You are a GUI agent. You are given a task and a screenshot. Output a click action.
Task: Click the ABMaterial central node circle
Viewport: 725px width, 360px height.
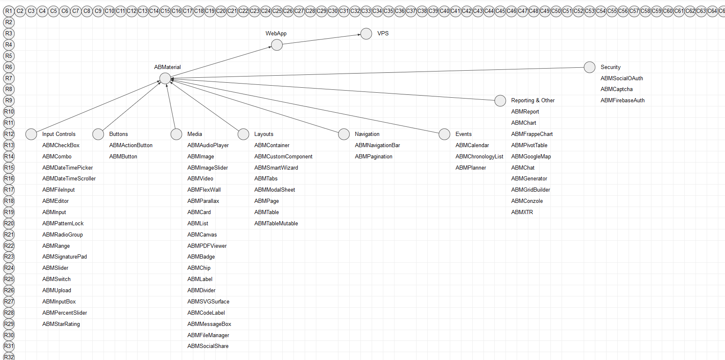point(165,78)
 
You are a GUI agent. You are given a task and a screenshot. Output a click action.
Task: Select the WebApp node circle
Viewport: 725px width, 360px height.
point(277,45)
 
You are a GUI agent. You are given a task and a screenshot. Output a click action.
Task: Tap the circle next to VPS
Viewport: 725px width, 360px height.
point(366,34)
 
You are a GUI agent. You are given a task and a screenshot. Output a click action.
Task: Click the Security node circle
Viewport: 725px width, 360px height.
point(589,67)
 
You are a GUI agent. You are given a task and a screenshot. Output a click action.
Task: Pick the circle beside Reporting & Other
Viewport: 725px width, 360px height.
point(500,101)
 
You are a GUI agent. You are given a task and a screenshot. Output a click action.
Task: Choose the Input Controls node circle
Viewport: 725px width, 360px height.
point(31,134)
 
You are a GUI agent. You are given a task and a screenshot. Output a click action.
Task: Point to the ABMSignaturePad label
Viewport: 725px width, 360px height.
point(64,257)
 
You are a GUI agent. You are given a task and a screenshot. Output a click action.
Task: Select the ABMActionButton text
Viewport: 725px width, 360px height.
point(131,145)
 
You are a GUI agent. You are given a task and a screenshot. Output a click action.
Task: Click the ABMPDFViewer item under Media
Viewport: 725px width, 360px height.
point(207,246)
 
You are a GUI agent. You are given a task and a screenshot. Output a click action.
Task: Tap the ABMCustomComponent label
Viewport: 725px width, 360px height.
point(283,156)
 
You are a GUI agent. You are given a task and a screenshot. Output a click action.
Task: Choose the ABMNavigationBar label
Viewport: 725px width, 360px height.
point(377,145)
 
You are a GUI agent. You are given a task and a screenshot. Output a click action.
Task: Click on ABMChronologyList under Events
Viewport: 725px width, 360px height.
point(479,156)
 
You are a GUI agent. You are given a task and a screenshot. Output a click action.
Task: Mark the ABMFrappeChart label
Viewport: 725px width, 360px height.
point(532,134)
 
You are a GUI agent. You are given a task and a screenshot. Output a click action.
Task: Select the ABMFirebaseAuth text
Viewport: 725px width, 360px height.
point(622,100)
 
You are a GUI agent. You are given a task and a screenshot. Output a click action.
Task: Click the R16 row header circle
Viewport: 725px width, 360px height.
point(9,178)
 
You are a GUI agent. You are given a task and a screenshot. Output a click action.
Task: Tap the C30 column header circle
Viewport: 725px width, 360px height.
point(333,11)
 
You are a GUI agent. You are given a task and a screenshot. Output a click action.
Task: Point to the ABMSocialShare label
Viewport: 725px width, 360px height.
point(208,346)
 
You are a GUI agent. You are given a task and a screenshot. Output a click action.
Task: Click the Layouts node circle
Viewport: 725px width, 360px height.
point(243,134)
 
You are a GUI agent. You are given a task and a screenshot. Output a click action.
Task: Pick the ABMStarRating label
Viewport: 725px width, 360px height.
point(61,324)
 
